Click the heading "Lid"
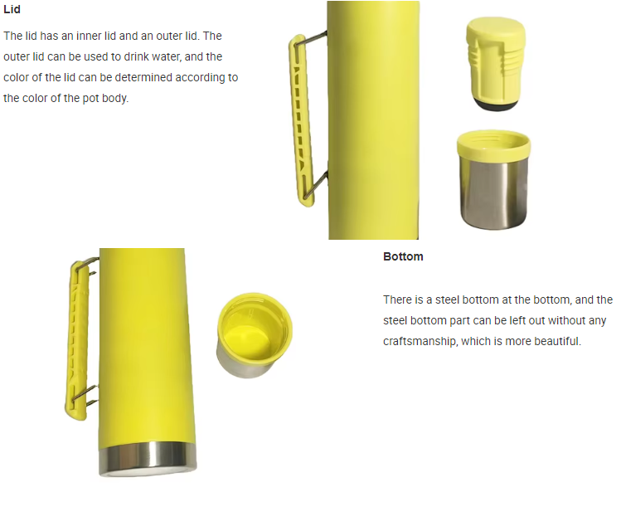[x=12, y=9]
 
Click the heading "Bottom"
[x=403, y=256]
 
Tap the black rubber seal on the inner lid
[x=496, y=105]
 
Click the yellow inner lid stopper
[x=495, y=60]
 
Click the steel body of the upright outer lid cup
[x=493, y=194]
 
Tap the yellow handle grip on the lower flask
[x=76, y=340]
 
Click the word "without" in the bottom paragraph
[x=523, y=320]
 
